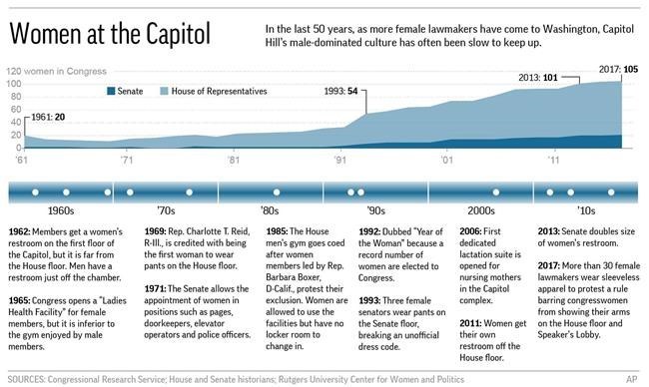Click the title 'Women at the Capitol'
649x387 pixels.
click(x=110, y=34)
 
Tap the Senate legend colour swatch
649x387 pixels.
click(x=111, y=91)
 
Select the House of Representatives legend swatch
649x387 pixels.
click(x=165, y=91)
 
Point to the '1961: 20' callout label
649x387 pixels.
click(x=48, y=117)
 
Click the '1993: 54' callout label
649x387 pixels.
click(x=340, y=91)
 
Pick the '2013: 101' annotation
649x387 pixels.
click(x=538, y=78)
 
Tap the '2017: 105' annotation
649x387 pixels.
click(x=618, y=69)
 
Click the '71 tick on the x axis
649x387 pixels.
click(x=127, y=160)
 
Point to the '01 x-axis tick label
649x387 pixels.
click(x=446, y=160)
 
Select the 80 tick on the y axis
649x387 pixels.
click(x=16, y=97)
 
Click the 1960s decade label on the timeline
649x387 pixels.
click(x=61, y=210)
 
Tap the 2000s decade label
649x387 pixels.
click(x=481, y=210)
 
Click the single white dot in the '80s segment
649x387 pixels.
click(x=277, y=193)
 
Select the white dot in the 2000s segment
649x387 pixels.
click(x=496, y=193)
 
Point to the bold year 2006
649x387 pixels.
click(x=470, y=231)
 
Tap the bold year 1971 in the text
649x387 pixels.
click(x=155, y=289)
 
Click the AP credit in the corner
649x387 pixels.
click(x=632, y=379)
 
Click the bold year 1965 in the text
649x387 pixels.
click(x=19, y=300)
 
